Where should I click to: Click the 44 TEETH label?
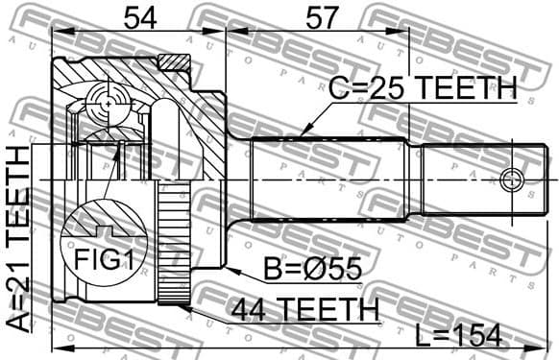click(304, 309)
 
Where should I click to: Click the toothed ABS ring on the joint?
click(171, 245)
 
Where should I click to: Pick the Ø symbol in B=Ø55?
click(315, 269)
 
